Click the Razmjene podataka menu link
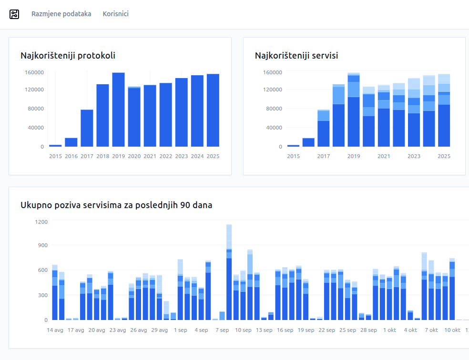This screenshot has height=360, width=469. pyautogui.click(x=61, y=14)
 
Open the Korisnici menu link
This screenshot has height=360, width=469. pyautogui.click(x=116, y=14)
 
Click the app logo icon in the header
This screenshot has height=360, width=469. pyautogui.click(x=14, y=14)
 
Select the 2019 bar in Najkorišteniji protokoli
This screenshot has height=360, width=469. pyautogui.click(x=119, y=110)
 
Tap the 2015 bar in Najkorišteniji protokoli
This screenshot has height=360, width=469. pyautogui.click(x=55, y=145)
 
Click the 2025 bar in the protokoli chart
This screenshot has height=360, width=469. pyautogui.click(x=213, y=110)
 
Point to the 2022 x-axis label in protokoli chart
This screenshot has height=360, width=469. pyautogui.click(x=166, y=156)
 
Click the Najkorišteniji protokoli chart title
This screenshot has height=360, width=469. pyautogui.click(x=68, y=56)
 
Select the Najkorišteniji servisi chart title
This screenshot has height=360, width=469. pyautogui.click(x=296, y=56)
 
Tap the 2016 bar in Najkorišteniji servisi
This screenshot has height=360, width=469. pyautogui.click(x=308, y=142)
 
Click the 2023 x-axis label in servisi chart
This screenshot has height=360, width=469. pyautogui.click(x=414, y=156)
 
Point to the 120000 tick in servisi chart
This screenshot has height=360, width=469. pyautogui.click(x=273, y=90)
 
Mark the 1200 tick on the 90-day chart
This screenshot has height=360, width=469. pyautogui.click(x=41, y=222)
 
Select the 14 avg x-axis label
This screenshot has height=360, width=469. pyautogui.click(x=55, y=330)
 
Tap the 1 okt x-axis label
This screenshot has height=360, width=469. pyautogui.click(x=389, y=330)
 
